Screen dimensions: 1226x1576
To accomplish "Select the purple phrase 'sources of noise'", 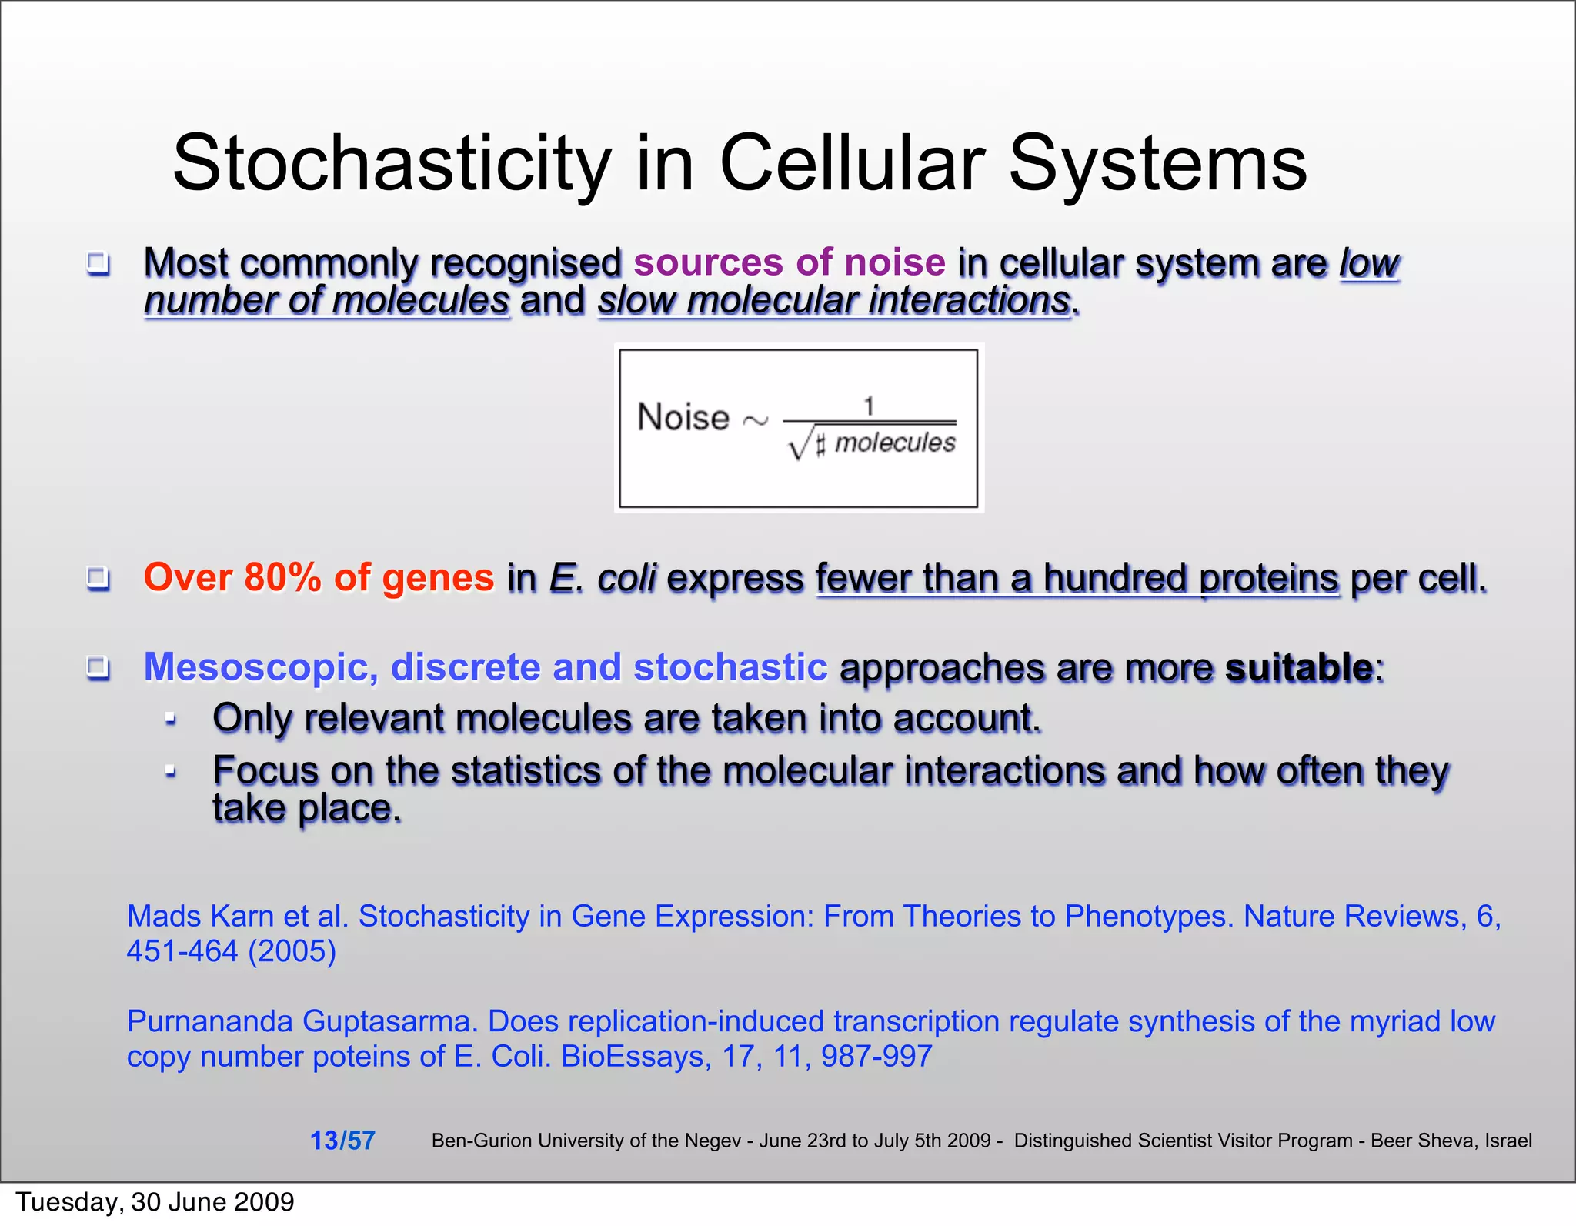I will tap(789, 262).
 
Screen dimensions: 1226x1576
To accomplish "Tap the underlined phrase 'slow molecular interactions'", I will tap(834, 300).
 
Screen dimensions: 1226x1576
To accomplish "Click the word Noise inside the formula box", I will tap(683, 417).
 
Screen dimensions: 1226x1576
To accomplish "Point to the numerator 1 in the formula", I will tap(869, 406).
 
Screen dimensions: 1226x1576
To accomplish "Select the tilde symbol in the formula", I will tap(755, 421).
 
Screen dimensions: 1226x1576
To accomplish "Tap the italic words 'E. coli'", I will tap(603, 577).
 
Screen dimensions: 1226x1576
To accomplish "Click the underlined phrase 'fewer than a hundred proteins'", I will tap(1077, 577).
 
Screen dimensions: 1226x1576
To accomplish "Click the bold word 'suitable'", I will tap(1298, 666).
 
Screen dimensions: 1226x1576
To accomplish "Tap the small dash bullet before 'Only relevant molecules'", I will tap(171, 720).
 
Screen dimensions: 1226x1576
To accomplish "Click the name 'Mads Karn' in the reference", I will tap(202, 916).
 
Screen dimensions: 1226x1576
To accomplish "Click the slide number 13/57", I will tap(342, 1140).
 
